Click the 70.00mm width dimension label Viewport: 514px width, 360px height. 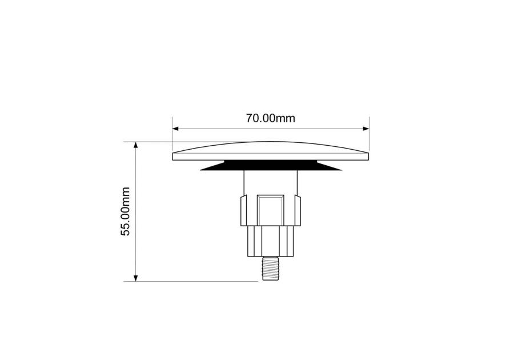[x=271, y=118]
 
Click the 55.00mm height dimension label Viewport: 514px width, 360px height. [x=126, y=211]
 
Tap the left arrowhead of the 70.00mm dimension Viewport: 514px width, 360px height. [x=175, y=129]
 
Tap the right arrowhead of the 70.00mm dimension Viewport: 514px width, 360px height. [x=366, y=129]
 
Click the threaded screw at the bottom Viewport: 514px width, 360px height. [x=271, y=268]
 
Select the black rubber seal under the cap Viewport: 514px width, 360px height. [x=271, y=165]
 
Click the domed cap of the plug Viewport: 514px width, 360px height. [x=271, y=151]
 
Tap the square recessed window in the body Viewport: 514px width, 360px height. [x=271, y=210]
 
